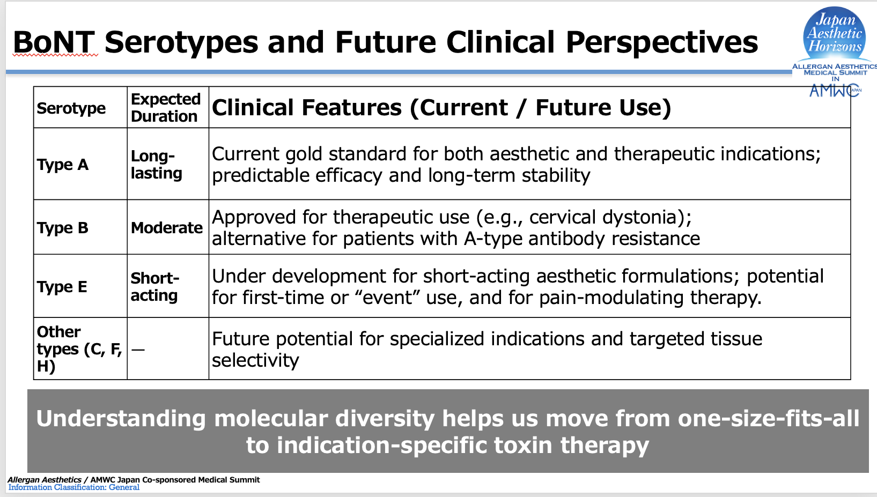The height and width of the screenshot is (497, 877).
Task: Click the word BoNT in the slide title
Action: (54, 42)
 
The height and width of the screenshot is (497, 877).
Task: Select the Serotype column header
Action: (71, 108)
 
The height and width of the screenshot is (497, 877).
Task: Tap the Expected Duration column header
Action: (166, 108)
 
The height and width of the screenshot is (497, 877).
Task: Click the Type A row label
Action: (63, 165)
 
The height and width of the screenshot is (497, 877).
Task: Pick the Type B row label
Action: (63, 228)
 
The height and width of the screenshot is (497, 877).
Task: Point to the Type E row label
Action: (62, 287)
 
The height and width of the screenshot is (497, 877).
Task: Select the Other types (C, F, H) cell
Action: (79, 348)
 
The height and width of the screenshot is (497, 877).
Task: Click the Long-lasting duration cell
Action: (157, 165)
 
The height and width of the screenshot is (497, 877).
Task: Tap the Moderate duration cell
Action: (167, 228)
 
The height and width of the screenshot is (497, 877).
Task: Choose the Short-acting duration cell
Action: (155, 287)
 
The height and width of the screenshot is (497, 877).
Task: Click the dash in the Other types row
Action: (138, 349)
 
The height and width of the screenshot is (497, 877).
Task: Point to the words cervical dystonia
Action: (605, 217)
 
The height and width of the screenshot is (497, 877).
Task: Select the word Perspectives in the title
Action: (662, 42)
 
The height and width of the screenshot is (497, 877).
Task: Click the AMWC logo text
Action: (834, 91)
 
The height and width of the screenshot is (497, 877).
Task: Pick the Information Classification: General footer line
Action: (74, 487)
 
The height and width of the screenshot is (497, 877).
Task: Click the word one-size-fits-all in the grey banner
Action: (769, 418)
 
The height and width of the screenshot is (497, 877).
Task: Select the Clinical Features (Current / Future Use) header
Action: (441, 108)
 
